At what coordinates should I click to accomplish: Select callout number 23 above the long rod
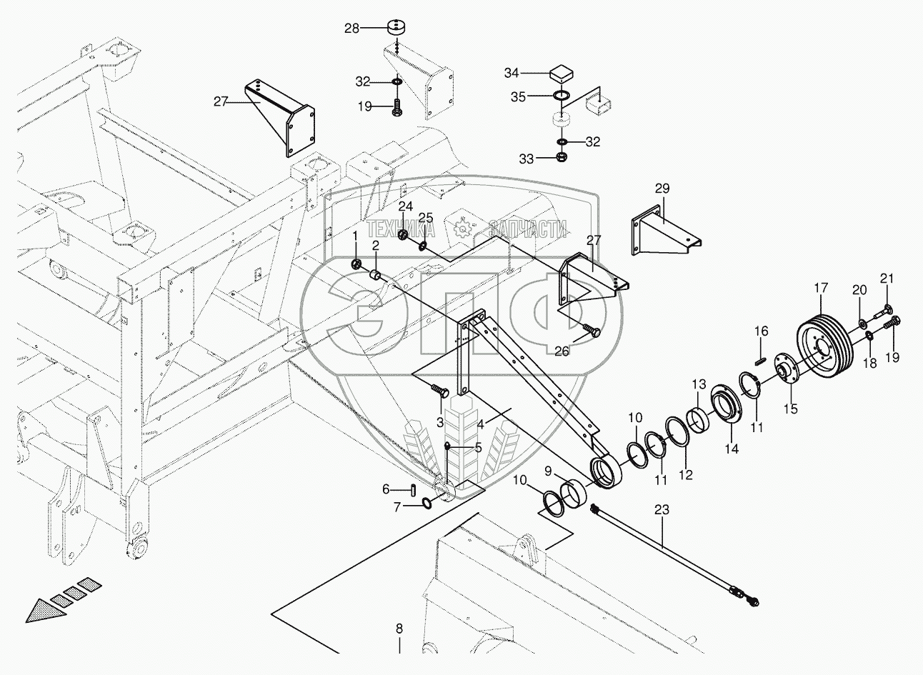point(662,510)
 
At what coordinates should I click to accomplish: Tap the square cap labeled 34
point(562,74)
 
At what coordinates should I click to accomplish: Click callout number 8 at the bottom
point(399,629)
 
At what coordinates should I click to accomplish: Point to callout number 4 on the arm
point(481,424)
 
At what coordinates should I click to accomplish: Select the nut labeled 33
point(562,158)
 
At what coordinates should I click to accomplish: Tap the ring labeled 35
point(561,96)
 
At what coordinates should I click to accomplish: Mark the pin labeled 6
point(415,489)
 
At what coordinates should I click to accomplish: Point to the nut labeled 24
point(404,235)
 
